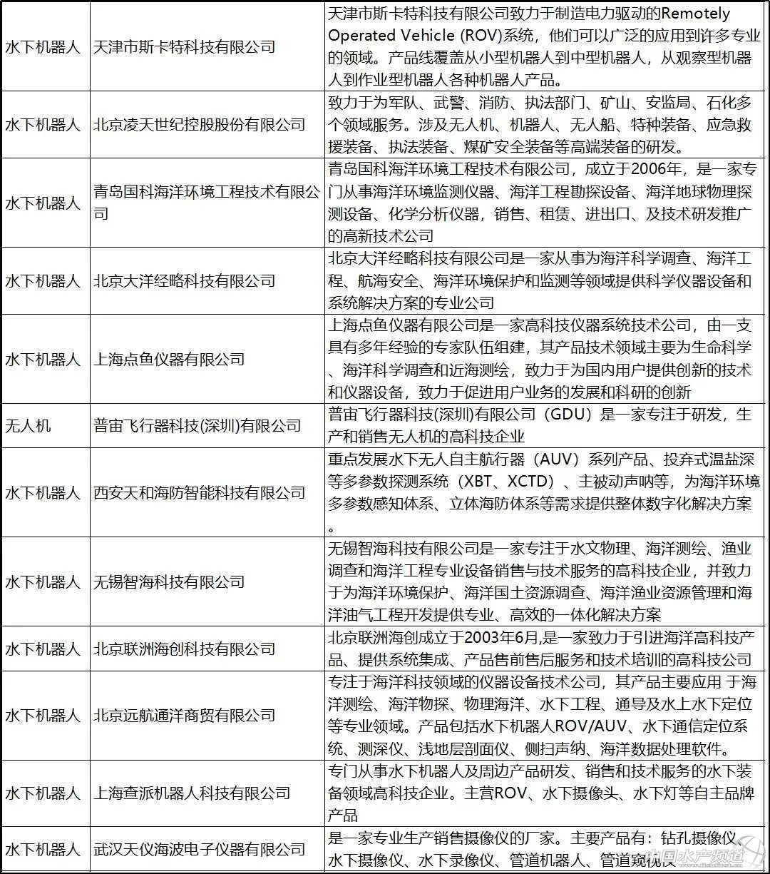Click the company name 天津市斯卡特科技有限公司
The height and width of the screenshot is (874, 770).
pyautogui.click(x=184, y=47)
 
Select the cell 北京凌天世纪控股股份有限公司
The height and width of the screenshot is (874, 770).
pyautogui.click(x=199, y=125)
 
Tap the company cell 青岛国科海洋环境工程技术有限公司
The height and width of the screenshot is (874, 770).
pyautogui.click(x=207, y=203)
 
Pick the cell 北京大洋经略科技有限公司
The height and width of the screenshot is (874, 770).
pyautogui.click(x=184, y=281)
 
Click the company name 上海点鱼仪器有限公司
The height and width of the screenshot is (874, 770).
pyautogui.click(x=169, y=359)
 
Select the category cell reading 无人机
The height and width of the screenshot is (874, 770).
pyautogui.click(x=28, y=426)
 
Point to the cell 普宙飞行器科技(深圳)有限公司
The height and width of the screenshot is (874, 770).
pyautogui.click(x=197, y=426)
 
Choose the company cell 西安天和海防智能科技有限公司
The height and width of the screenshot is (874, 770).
pyautogui.click(x=199, y=492)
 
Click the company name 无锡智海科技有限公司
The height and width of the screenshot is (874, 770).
pyautogui.click(x=169, y=581)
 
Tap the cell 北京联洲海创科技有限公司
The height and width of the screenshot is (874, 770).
pyautogui.click(x=184, y=649)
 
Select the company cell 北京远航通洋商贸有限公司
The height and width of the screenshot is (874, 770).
pyautogui.click(x=184, y=715)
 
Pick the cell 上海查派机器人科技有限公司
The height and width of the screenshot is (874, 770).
pyautogui.click(x=192, y=793)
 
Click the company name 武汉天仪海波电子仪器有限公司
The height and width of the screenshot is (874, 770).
pyautogui.click(x=199, y=849)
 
